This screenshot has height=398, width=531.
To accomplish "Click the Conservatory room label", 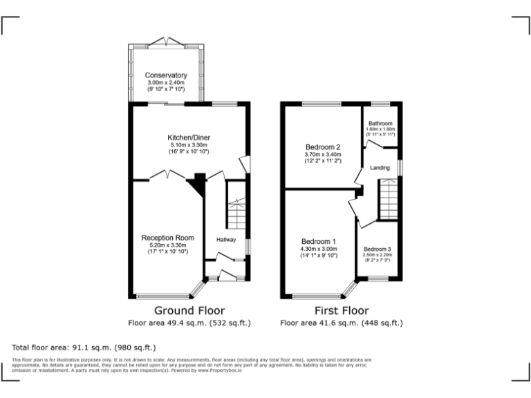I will (x=166, y=75).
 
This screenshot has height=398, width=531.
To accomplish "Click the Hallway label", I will (x=226, y=240).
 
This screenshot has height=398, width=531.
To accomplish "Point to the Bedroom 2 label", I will (x=323, y=147).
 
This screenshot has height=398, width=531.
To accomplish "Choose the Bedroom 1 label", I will (x=318, y=240).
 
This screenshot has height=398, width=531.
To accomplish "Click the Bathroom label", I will (x=380, y=123).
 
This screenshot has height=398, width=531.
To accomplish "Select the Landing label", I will (x=380, y=168).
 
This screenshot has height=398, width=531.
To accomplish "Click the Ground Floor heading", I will (x=189, y=310).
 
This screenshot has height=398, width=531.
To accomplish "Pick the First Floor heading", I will (x=341, y=310).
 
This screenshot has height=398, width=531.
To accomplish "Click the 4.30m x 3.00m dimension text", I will (x=318, y=248).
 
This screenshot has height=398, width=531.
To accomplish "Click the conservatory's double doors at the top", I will (x=166, y=41).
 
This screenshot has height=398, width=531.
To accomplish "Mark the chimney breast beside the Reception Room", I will (x=199, y=183).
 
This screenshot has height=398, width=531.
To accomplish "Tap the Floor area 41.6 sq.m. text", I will (x=341, y=323).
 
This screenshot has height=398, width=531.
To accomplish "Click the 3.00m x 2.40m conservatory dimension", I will (x=166, y=83).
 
